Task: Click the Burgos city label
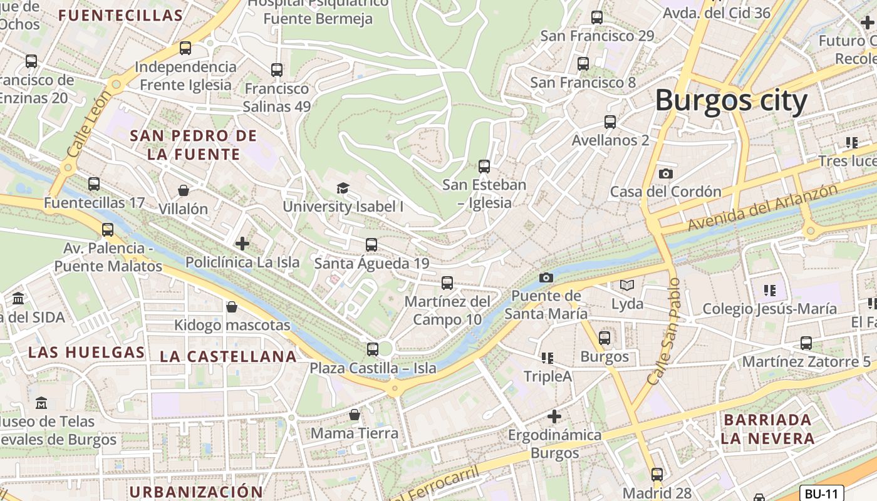(731, 100)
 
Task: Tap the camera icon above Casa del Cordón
(666, 173)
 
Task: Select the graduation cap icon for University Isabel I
(343, 188)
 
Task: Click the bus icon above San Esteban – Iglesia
(484, 166)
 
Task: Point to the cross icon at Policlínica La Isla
(242, 244)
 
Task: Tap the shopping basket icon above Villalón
(184, 190)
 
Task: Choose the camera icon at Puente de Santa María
(546, 277)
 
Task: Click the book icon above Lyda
(627, 286)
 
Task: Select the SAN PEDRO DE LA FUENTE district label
(193, 145)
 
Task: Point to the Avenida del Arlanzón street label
(762, 207)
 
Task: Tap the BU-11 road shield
(822, 493)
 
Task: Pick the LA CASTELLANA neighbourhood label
(228, 356)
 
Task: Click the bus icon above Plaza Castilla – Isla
(373, 349)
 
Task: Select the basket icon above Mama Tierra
(355, 415)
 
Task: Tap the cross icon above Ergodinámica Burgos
(554, 416)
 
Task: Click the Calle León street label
(88, 124)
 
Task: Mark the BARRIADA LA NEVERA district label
(767, 428)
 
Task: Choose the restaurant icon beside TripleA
(547, 358)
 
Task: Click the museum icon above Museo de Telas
(41, 403)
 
